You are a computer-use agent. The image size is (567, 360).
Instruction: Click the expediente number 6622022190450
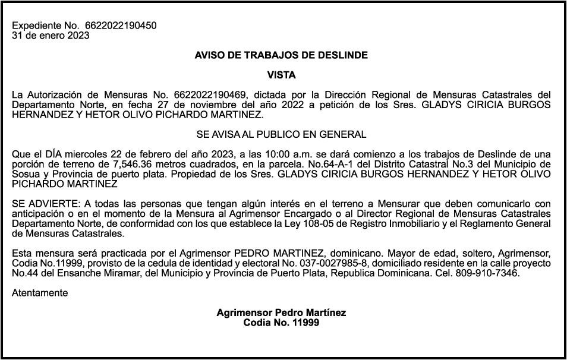[x=121, y=26]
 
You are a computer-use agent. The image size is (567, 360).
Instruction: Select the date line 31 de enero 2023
[x=51, y=35]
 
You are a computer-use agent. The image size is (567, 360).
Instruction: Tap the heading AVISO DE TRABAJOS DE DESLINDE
[x=281, y=55]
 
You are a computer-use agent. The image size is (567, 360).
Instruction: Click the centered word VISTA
[x=281, y=75]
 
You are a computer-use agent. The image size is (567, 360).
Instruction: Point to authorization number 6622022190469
[x=215, y=95]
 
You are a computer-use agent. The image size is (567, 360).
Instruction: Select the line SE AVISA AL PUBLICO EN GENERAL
[x=281, y=134]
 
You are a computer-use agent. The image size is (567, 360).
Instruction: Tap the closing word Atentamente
[x=40, y=293]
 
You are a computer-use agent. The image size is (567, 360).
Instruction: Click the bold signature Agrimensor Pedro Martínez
[x=281, y=312]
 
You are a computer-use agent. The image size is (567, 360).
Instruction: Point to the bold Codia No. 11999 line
[x=281, y=323]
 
